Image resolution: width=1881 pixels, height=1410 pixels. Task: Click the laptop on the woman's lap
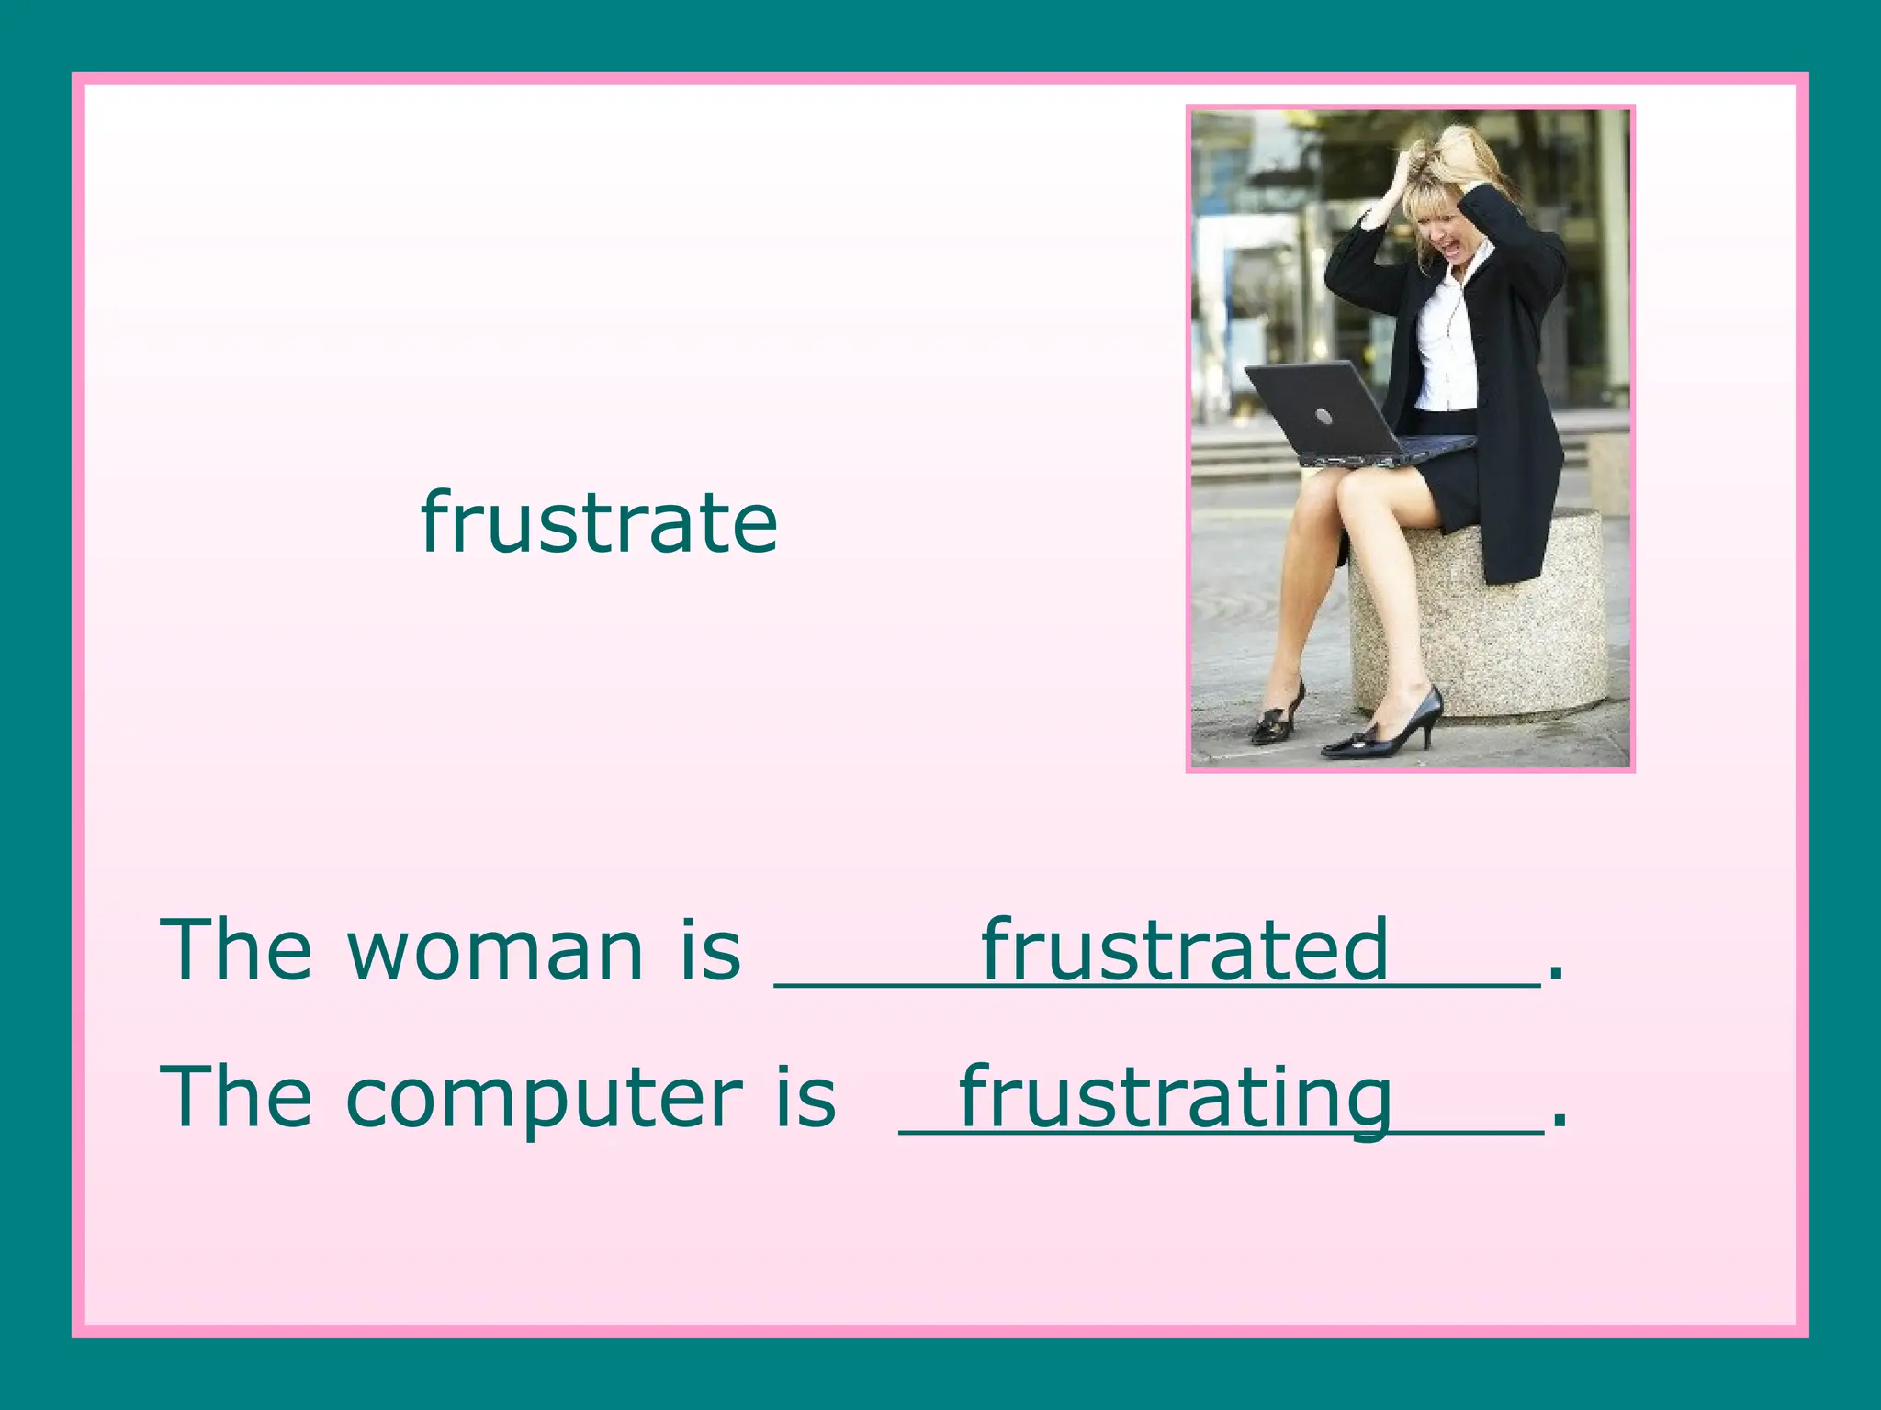coord(1332,413)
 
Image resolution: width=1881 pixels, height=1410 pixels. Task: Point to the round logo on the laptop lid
coord(1323,417)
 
